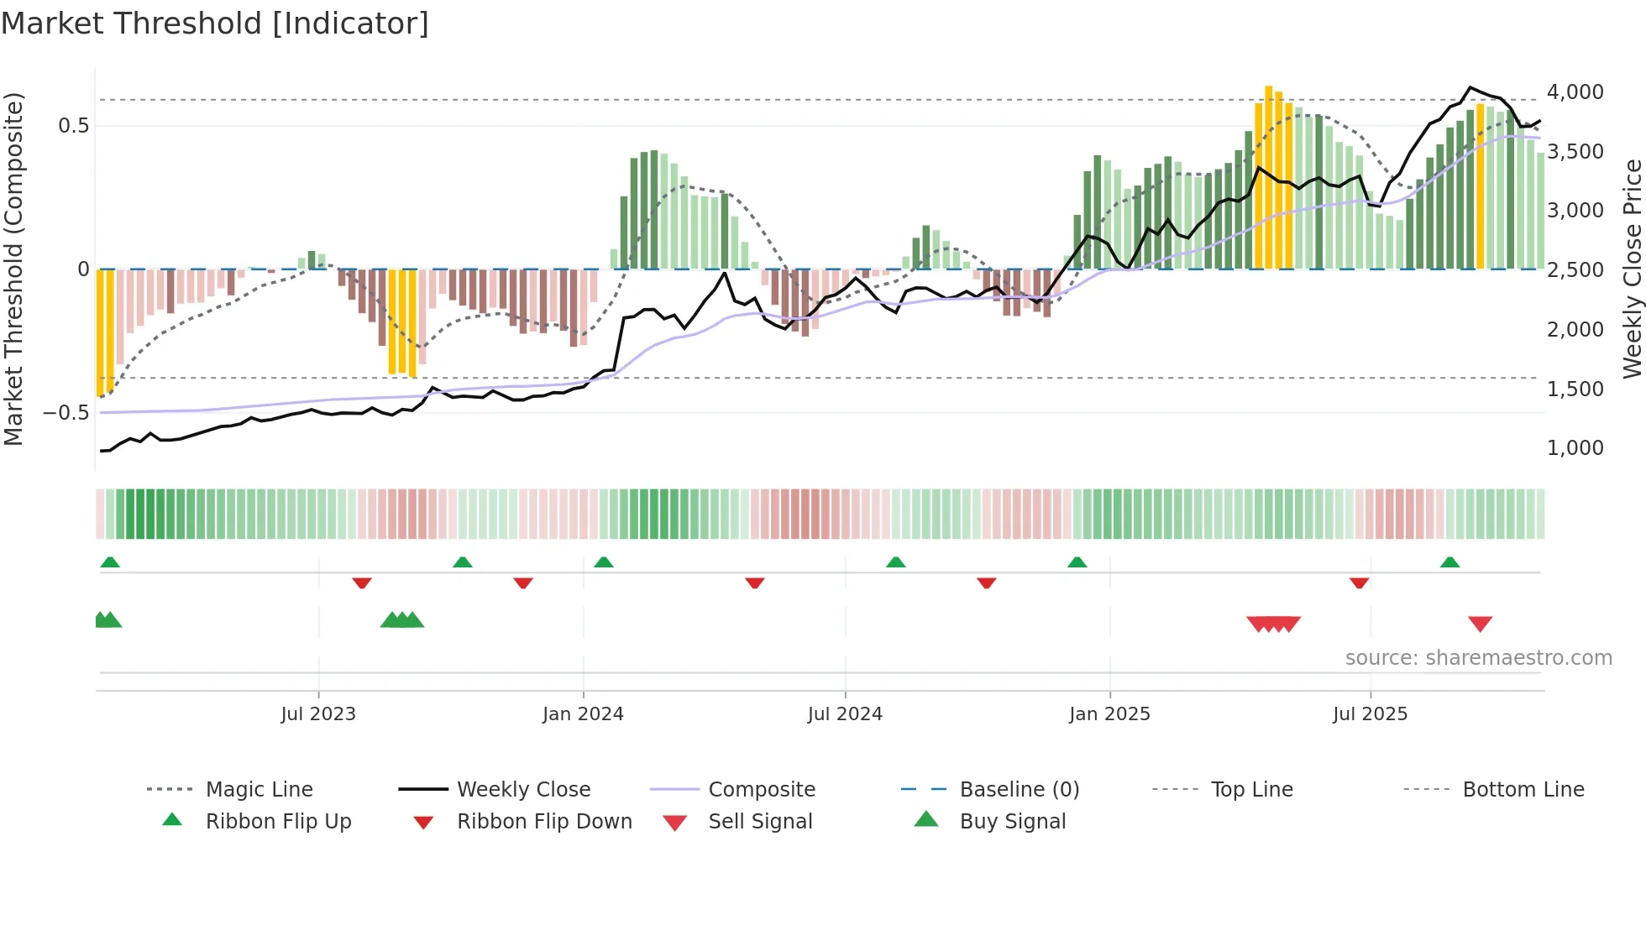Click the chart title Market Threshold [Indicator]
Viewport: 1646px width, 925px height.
click(215, 24)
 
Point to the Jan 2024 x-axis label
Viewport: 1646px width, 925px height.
click(583, 714)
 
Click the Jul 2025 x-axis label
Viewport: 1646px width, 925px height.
click(1370, 714)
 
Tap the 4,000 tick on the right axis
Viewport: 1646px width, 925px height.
click(1575, 92)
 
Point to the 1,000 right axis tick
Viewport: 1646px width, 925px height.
click(1575, 448)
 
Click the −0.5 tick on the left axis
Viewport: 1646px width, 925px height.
click(66, 413)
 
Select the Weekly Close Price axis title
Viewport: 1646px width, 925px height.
click(1632, 269)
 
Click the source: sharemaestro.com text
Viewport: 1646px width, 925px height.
click(1478, 658)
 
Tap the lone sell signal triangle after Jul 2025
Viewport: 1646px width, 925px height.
click(1480, 624)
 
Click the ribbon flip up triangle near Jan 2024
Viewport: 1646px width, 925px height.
click(603, 562)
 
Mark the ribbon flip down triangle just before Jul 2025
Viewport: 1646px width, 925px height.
click(1359, 583)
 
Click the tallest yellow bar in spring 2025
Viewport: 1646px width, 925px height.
click(1268, 176)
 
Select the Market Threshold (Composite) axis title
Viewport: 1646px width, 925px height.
click(14, 269)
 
